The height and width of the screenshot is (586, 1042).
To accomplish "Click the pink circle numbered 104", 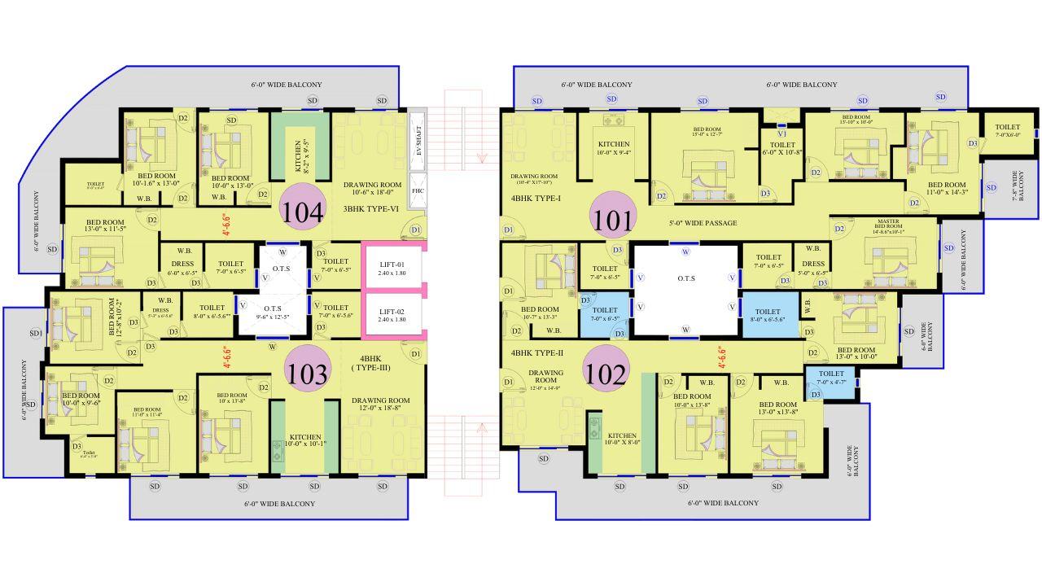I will tap(303, 212).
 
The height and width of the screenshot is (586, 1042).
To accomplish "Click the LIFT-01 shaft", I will tap(392, 266).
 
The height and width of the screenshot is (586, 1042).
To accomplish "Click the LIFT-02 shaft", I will tap(392, 314).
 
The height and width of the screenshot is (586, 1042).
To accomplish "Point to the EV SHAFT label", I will tap(418, 140).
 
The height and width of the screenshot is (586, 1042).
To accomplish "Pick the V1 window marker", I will tap(781, 133).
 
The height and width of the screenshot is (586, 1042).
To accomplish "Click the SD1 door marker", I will tap(35, 334).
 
